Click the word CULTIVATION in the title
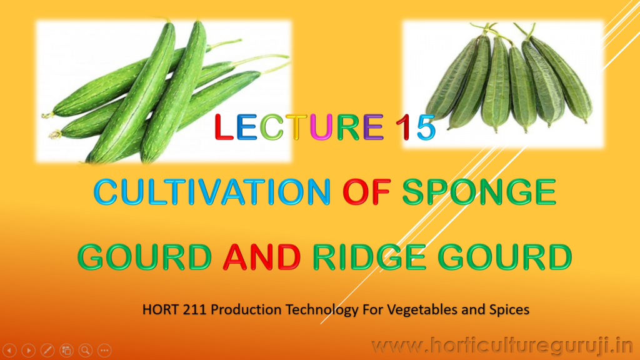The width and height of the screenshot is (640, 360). tap(212, 191)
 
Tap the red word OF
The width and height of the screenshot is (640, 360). tap(366, 191)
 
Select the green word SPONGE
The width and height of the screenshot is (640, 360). tap(479, 191)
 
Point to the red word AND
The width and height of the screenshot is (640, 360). tap(262, 257)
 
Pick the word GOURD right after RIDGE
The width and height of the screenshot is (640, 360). tap(505, 257)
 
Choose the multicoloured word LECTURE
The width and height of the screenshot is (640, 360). tap(299, 127)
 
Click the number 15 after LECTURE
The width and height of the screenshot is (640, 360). tap(416, 127)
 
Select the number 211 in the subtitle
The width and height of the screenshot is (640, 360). tap(196, 309)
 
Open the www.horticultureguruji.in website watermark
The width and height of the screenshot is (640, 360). tap(502, 346)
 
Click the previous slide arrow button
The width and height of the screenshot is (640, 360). tap(9, 350)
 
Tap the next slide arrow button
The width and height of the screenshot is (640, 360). tap(29, 350)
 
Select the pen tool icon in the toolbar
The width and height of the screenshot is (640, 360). tap(47, 350)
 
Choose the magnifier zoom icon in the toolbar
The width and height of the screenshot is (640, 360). tap(86, 350)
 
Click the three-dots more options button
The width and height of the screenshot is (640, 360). tap(104, 350)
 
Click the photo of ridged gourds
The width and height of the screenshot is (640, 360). tap(503, 84)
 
